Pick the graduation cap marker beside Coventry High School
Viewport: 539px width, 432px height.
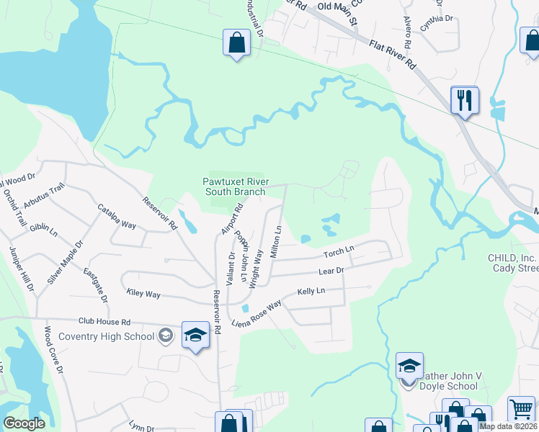point(195,335)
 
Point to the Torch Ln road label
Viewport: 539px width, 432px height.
point(339,253)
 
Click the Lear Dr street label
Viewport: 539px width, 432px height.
point(332,271)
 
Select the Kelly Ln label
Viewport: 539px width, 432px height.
point(311,292)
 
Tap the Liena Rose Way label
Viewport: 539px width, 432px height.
point(256,315)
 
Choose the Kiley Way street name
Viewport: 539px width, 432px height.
point(143,294)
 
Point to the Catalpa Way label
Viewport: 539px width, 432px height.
point(117,216)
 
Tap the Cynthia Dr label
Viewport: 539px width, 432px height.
point(437,19)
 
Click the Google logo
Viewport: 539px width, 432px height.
point(24,423)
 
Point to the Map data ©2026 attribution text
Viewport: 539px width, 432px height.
point(507,426)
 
